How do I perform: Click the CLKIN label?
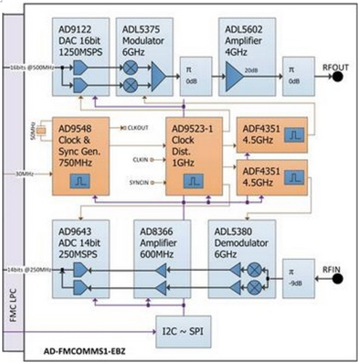click(x=142, y=158)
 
